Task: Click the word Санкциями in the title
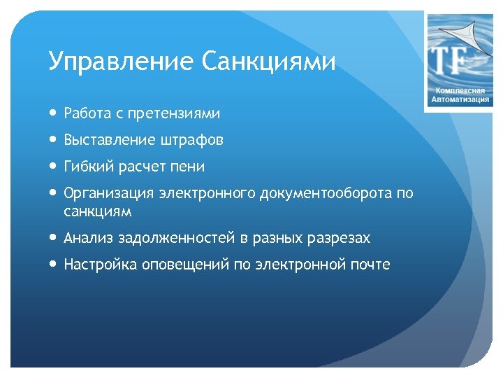coord(268,62)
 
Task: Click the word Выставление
coord(102,140)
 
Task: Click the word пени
coord(189,167)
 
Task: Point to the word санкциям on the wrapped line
coord(98,211)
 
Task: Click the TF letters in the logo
coord(449,62)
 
